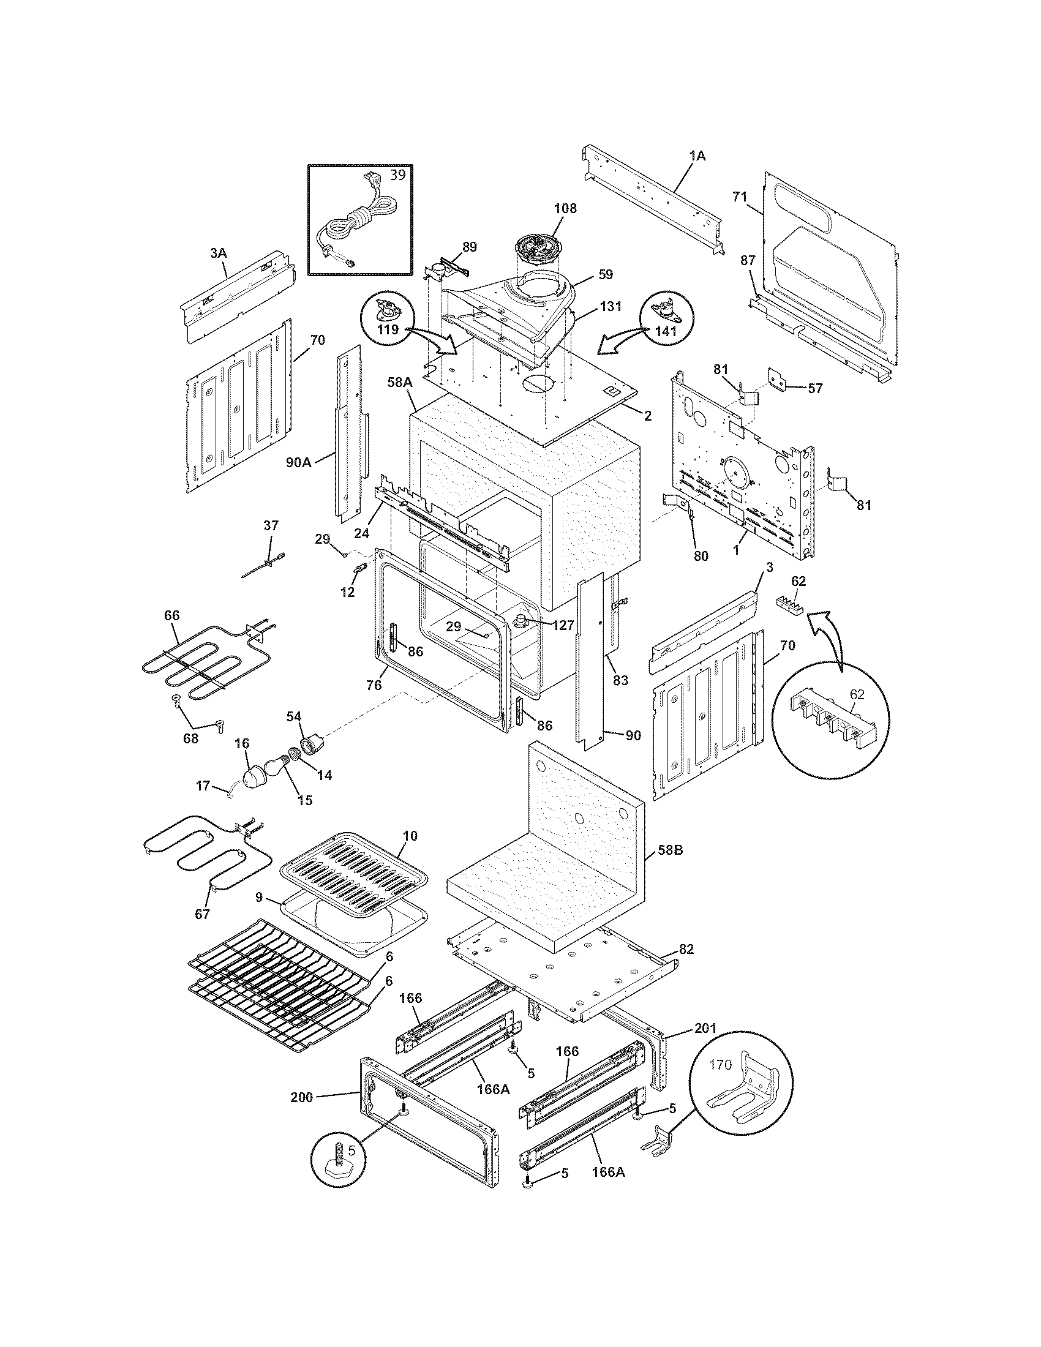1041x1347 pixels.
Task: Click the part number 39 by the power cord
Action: click(x=399, y=174)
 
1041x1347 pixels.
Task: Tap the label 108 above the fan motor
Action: click(x=565, y=208)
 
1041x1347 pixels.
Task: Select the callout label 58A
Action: click(x=400, y=383)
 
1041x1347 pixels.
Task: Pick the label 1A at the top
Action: click(x=697, y=156)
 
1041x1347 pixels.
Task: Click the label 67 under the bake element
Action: click(x=202, y=931)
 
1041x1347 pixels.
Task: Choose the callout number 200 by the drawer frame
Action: click(x=302, y=1097)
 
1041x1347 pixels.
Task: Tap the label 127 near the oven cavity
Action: click(x=560, y=624)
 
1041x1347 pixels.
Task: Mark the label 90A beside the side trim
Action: click(x=298, y=462)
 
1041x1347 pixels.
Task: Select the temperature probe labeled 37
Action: click(x=265, y=562)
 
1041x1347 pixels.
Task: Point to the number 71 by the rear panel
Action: click(x=740, y=197)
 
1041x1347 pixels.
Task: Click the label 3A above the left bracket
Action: click(x=218, y=252)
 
